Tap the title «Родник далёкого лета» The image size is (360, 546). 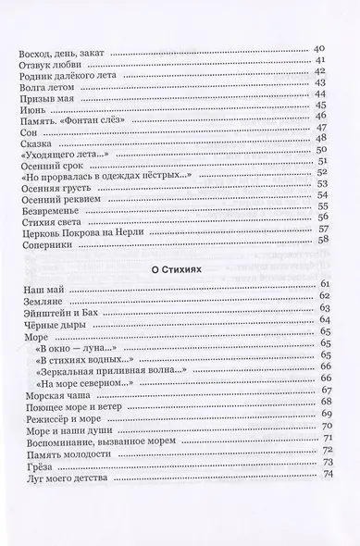coord(61,77)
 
